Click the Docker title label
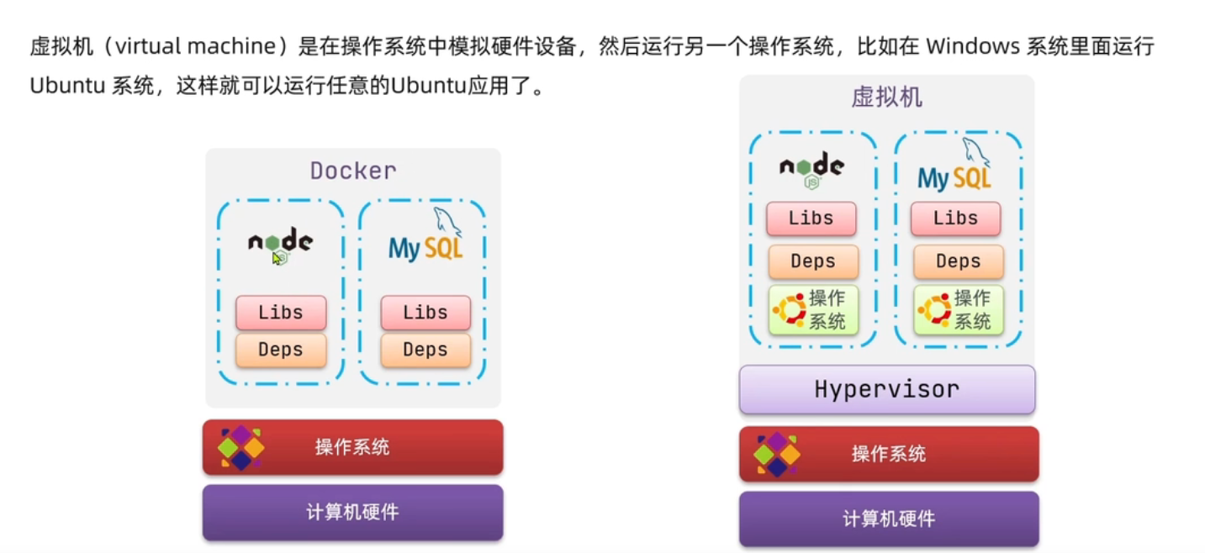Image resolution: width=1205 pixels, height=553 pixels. pos(353,171)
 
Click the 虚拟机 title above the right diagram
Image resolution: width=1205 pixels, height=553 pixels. pos(886,97)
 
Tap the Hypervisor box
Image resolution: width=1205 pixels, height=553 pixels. pos(886,389)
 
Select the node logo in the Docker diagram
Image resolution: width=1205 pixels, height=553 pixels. pos(280,243)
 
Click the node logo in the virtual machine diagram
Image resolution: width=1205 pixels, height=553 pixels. pos(811,168)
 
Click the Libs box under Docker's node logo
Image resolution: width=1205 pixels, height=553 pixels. pos(281,313)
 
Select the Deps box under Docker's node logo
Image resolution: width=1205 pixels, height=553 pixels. pos(281,350)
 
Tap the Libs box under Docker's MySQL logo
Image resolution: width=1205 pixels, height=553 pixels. pos(425,313)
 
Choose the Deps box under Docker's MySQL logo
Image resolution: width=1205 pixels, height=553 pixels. pos(425,350)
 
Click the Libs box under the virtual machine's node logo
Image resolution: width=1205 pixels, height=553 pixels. pos(811,219)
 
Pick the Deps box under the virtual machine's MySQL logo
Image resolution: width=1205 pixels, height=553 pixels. pos(959,261)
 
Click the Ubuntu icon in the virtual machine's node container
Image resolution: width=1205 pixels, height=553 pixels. pos(789,309)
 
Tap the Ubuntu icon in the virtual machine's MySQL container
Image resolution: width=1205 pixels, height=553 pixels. pos(934,309)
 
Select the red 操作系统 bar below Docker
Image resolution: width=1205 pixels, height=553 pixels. pos(352,447)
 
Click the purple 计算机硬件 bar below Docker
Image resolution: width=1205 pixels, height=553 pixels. pos(352,512)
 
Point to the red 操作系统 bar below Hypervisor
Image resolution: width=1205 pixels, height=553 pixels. pos(889,454)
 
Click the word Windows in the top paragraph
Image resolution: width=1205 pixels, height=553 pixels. pos(972,46)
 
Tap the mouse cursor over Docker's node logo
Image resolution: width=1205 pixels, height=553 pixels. pos(276,256)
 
